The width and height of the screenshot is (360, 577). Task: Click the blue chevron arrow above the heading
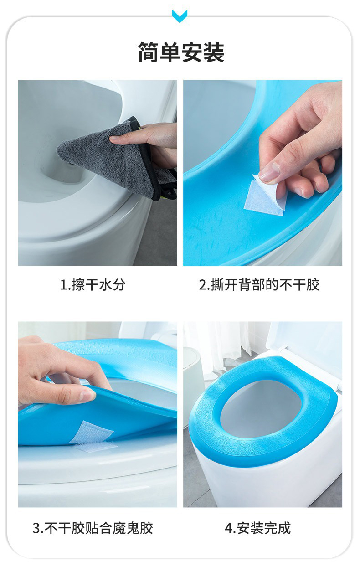click(x=180, y=16)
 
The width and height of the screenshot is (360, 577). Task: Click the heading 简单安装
click(x=181, y=52)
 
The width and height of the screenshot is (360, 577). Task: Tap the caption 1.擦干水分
click(x=93, y=285)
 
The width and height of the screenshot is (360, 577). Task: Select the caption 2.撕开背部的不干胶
click(x=259, y=285)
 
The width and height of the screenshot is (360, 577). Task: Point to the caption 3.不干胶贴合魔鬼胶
click(x=93, y=528)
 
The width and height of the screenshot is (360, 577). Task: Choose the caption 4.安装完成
click(x=258, y=528)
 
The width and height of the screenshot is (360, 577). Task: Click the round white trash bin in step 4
click(x=192, y=386)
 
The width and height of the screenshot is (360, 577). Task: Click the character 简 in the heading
click(x=149, y=52)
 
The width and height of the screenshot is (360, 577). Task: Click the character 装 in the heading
click(x=214, y=52)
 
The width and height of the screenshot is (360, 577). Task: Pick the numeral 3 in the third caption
click(x=36, y=528)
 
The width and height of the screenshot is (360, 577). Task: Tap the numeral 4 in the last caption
click(x=229, y=528)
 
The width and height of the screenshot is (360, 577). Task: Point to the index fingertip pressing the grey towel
click(x=113, y=139)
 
